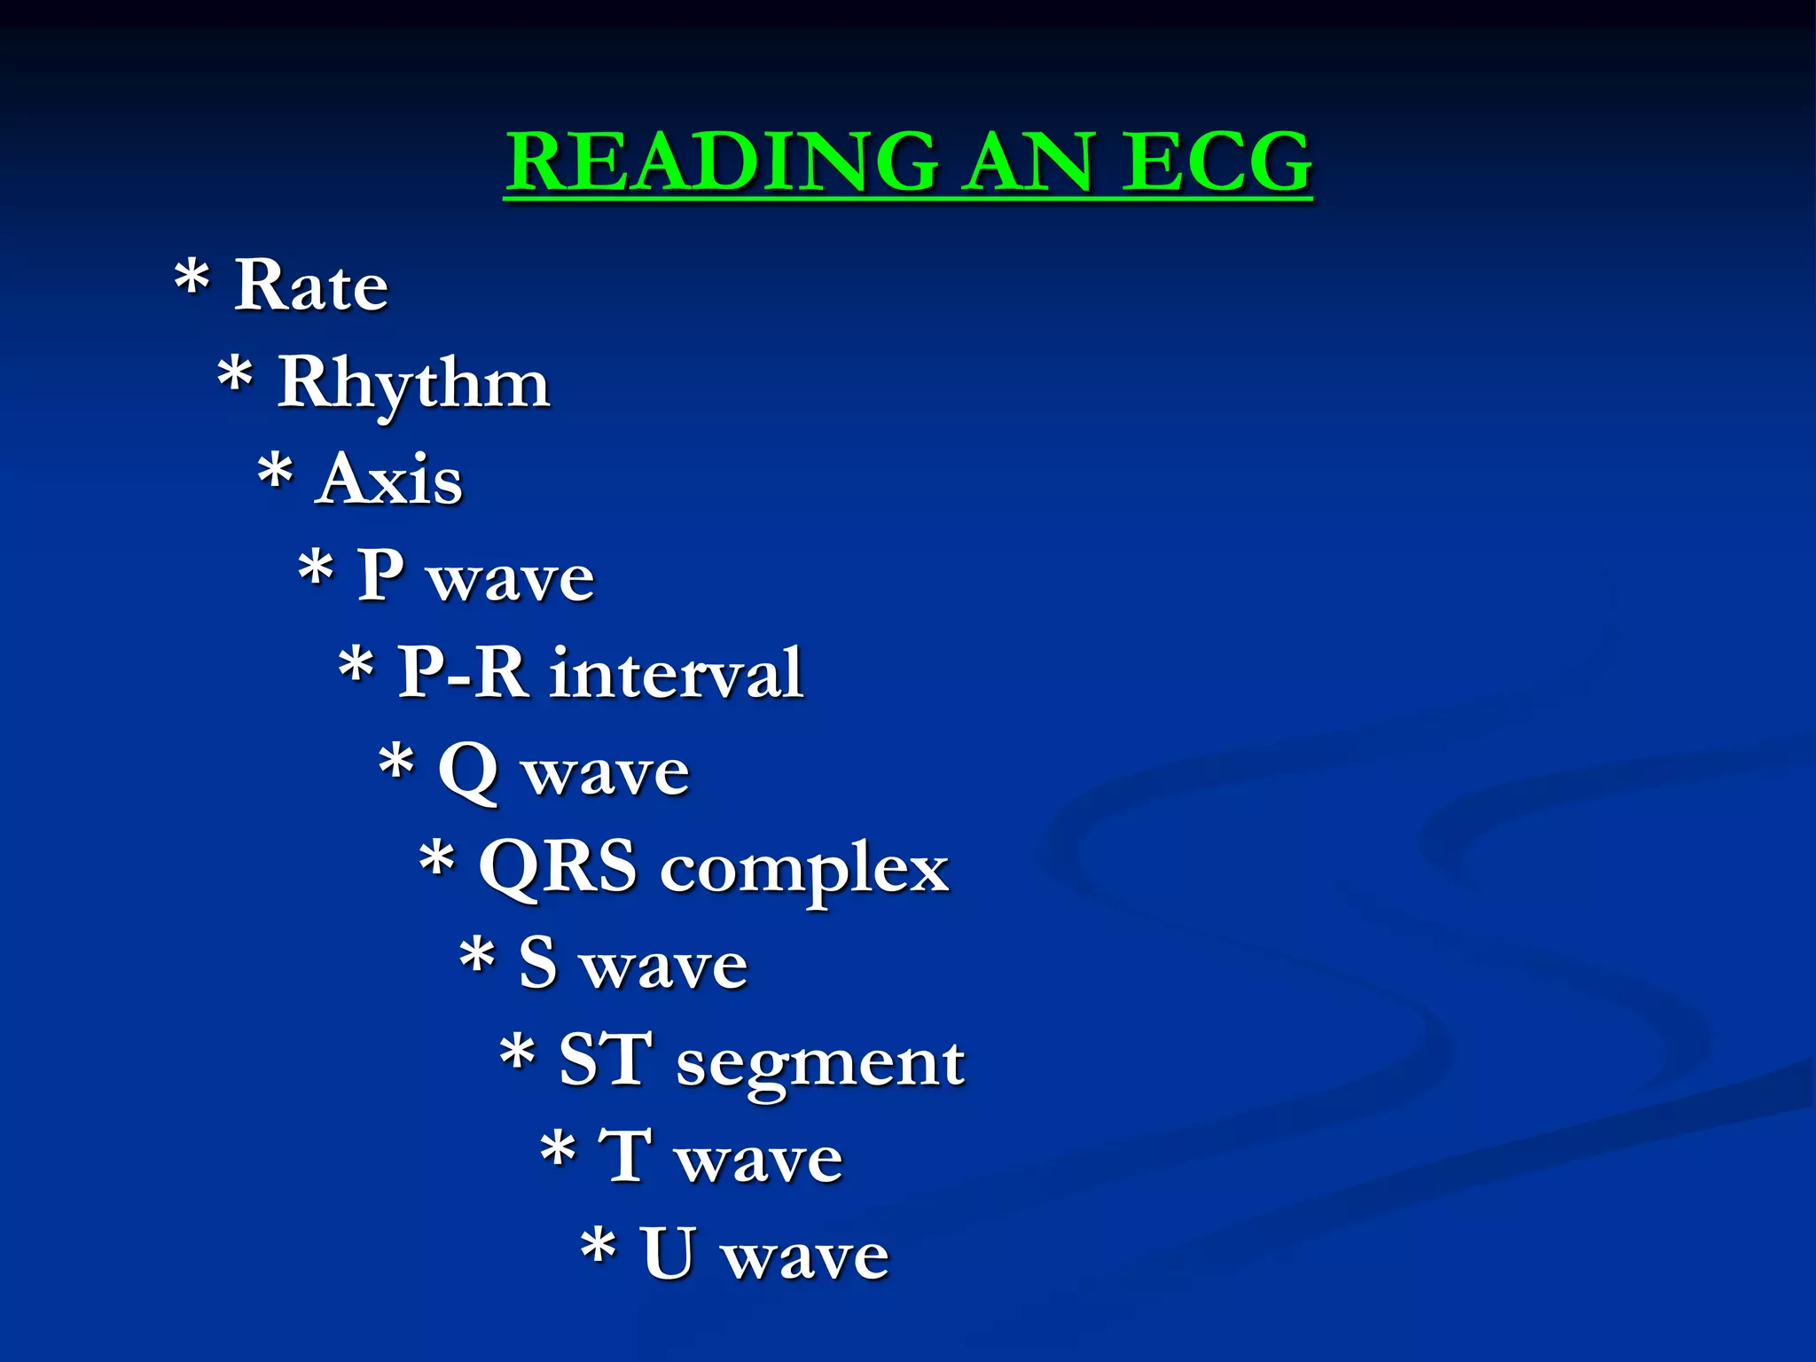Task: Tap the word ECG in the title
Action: [1216, 161]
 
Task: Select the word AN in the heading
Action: [1029, 161]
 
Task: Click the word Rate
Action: [310, 286]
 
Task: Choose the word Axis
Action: [388, 479]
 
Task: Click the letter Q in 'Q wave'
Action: [467, 771]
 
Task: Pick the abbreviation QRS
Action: [557, 867]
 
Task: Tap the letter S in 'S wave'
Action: [538, 963]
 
